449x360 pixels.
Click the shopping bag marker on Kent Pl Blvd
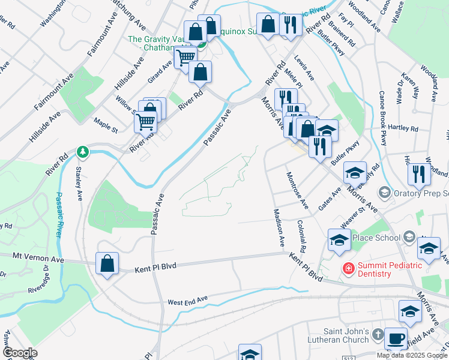pyautogui.click(x=107, y=265)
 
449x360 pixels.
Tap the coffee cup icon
pyautogui.click(x=396, y=338)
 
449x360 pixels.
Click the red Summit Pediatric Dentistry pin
pyautogui.click(x=347, y=268)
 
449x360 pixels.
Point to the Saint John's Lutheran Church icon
pyautogui.click(x=377, y=333)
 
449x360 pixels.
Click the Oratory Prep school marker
pyautogui.click(x=385, y=193)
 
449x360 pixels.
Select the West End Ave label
pyautogui.click(x=187, y=299)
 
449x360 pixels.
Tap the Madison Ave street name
pyautogui.click(x=279, y=228)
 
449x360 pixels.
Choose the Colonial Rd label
pyautogui.click(x=301, y=235)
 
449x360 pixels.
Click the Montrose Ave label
pyautogui.click(x=297, y=190)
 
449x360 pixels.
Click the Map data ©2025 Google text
pyautogui.click(x=412, y=355)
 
